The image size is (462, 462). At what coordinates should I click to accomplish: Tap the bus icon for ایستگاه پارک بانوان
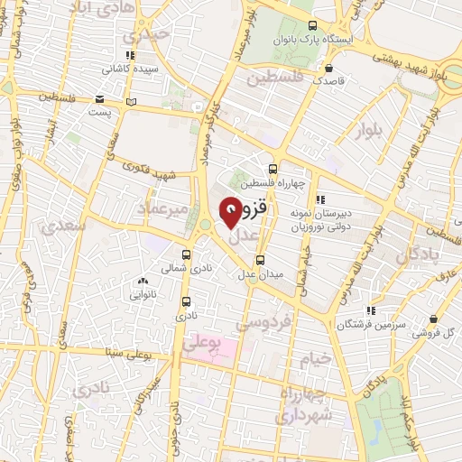[313, 27]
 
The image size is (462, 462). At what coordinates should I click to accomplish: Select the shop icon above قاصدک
[330, 68]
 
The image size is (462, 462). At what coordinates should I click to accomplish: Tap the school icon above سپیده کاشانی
[132, 54]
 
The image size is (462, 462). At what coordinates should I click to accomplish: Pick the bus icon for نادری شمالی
[186, 255]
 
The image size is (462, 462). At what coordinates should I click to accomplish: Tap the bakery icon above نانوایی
[144, 282]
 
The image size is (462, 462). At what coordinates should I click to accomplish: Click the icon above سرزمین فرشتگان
[371, 310]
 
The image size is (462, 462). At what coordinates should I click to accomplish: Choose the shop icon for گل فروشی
[435, 319]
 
